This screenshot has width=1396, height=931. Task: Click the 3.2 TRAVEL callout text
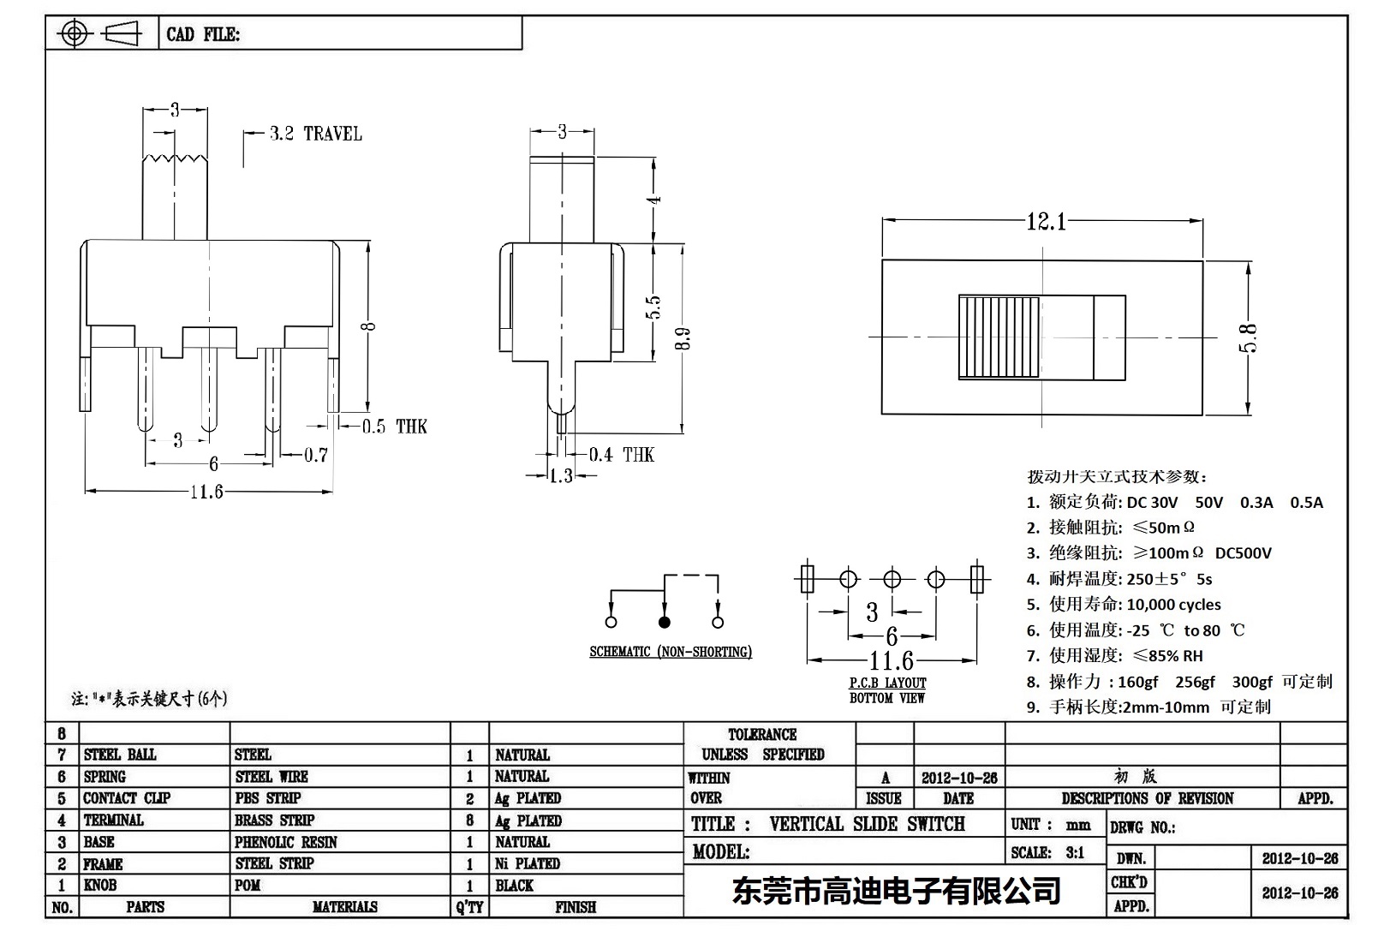pos(314,134)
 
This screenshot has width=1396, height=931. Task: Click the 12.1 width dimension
pos(1046,223)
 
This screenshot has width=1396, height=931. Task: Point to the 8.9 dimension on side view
pos(682,339)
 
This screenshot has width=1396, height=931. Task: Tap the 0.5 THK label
pos(393,427)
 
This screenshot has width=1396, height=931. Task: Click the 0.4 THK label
pos(621,455)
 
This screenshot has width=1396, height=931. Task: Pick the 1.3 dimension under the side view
pos(560,476)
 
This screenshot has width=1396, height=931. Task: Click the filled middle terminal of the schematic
pos(664,623)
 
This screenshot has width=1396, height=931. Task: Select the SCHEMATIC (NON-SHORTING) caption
pos(670,652)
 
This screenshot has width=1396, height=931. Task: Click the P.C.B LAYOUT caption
pos(887,683)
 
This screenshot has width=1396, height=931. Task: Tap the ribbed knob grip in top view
pos(999,337)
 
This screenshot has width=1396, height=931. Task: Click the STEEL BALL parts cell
pos(120,755)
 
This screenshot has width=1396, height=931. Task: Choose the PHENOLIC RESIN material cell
pos(285,842)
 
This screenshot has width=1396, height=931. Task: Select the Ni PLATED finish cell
pos(527,863)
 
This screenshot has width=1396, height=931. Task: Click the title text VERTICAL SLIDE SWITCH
pos(866,824)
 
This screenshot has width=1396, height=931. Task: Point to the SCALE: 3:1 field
pos(1047,852)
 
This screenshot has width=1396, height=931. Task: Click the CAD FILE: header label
pos(203,34)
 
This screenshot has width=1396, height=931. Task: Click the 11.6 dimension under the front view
pos(206,492)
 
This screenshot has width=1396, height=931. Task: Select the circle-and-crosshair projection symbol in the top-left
pos(75,34)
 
